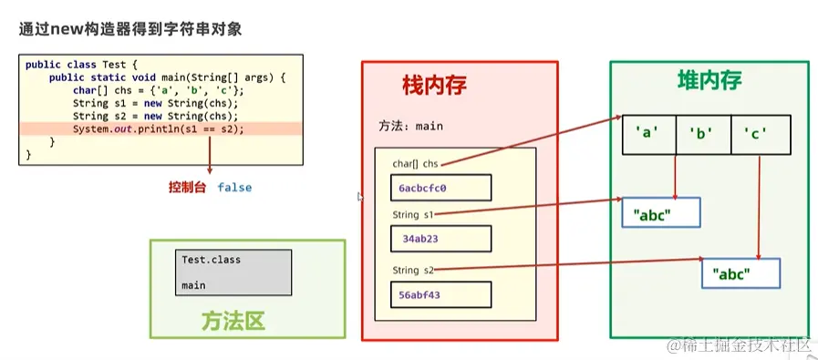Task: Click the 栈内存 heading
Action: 434,86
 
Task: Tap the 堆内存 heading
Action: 709,79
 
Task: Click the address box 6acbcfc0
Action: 440,189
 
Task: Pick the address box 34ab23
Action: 440,239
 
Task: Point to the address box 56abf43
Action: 440,294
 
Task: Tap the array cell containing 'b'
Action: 702,134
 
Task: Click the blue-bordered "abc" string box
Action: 660,213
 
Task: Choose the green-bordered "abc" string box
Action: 740,273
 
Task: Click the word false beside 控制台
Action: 234,188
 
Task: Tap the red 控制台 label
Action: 186,188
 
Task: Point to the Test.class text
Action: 211,260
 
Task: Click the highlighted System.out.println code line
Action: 159,129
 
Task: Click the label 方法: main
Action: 410,126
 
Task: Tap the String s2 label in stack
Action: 413,271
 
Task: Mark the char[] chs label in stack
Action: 415,164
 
